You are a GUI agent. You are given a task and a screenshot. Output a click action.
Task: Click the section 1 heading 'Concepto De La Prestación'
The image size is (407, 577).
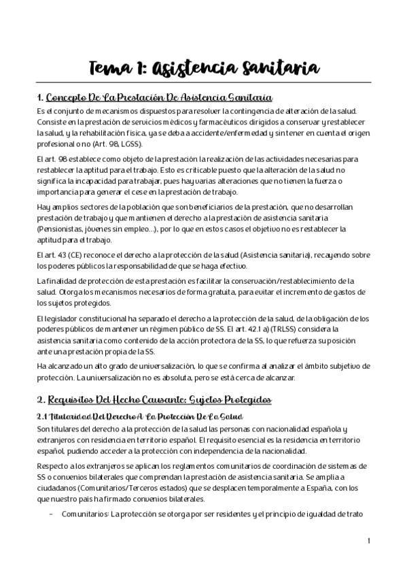[156, 98]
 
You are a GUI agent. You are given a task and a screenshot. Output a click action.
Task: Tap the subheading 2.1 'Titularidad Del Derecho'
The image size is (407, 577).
[139, 416]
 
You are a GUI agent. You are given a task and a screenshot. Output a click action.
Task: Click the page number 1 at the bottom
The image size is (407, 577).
[368, 541]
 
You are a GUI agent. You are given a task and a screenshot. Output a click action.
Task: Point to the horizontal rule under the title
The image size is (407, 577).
[203, 83]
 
